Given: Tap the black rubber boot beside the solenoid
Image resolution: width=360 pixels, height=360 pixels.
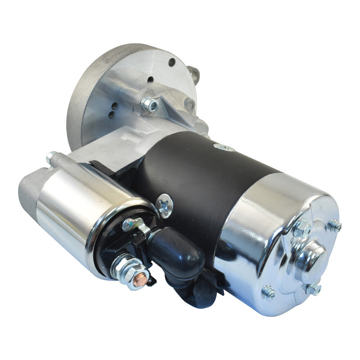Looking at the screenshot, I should pyautogui.click(x=178, y=247).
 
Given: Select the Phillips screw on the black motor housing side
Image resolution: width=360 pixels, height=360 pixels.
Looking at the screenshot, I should pyautogui.click(x=165, y=205).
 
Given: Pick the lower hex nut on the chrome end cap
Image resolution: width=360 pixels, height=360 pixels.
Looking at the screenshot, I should pyautogui.click(x=314, y=288).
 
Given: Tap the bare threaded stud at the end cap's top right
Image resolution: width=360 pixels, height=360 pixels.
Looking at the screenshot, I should pyautogui.click(x=334, y=225).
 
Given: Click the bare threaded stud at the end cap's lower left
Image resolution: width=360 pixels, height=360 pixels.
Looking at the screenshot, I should pyautogui.click(x=269, y=293).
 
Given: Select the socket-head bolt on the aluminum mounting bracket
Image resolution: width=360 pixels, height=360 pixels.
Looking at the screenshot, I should pyautogui.click(x=150, y=104).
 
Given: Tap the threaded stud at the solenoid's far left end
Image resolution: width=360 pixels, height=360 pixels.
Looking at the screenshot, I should pyautogui.click(x=50, y=157).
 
